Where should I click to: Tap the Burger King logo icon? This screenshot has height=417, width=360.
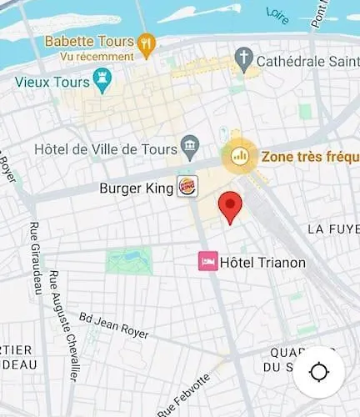pos(187,188)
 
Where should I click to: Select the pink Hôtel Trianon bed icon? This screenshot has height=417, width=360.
pos(207,263)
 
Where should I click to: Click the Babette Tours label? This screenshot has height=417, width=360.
pos(89,41)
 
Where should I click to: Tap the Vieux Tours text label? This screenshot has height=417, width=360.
pos(53,82)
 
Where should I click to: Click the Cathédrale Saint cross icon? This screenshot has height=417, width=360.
pos(244,59)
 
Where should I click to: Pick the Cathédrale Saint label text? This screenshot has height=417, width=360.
pos(309,60)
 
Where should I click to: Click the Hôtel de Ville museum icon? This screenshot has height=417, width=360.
pos(189,148)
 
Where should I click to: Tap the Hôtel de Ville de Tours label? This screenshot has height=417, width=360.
pos(106,149)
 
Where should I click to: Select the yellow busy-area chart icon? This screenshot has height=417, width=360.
pos(239,155)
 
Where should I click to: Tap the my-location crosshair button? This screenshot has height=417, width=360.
pos(318,372)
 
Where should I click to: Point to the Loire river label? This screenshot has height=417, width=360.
pos(277,13)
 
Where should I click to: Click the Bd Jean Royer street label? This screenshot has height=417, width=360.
pos(113,325)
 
